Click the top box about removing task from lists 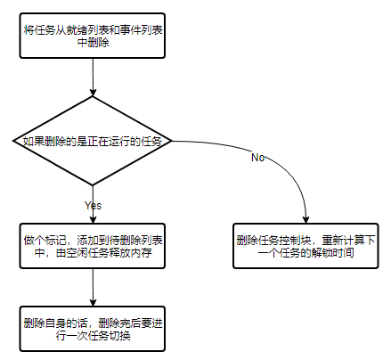pyautogui.click(x=93, y=37)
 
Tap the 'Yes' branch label pyautogui.click(x=93, y=205)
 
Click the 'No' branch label pyautogui.click(x=257, y=158)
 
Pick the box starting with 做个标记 pyautogui.click(x=93, y=245)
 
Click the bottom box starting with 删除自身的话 pyautogui.click(x=93, y=327)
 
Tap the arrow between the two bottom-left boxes pyautogui.click(x=93, y=287)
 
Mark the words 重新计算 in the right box pyautogui.click(x=347, y=239)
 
